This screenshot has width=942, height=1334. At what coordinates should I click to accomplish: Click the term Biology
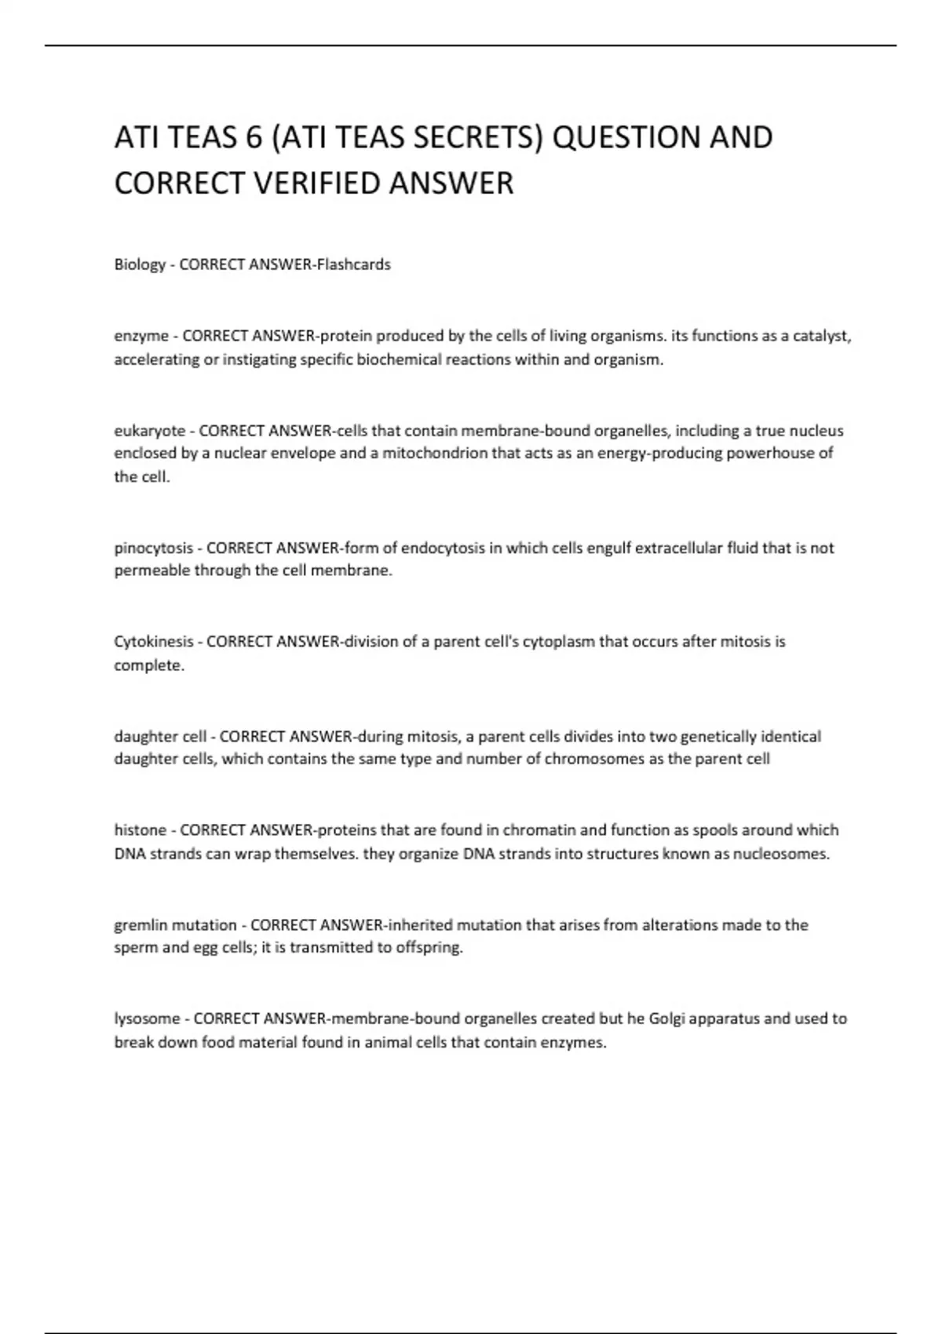click(140, 265)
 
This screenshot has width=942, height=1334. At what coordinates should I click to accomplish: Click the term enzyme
click(141, 337)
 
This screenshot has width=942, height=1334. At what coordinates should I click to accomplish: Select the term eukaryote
click(150, 431)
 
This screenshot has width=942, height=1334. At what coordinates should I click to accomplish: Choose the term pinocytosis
click(154, 548)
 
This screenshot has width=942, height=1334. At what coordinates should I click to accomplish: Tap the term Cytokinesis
click(154, 642)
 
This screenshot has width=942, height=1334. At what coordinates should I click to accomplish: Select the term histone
click(141, 830)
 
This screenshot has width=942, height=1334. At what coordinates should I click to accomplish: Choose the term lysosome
click(148, 1019)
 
